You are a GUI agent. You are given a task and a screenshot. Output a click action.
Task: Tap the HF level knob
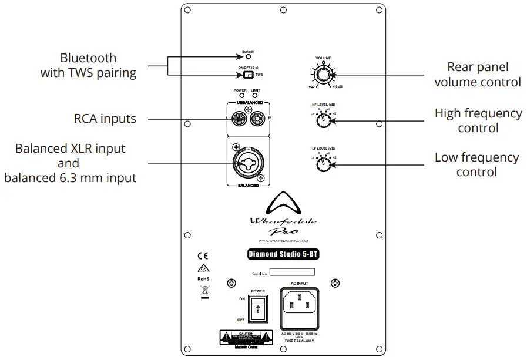[x=323, y=120]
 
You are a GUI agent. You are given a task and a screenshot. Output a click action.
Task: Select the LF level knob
[x=323, y=164]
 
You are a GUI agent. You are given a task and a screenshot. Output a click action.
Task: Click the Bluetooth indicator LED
[x=249, y=57]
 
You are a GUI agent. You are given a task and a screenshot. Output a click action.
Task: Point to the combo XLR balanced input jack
[x=248, y=163]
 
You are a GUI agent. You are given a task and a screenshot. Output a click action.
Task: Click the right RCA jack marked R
[x=258, y=120]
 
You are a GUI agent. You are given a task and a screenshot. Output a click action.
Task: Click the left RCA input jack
[x=239, y=120]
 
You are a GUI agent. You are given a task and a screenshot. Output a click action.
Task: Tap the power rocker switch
[x=257, y=308]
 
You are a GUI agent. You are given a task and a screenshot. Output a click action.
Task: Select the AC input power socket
[x=301, y=304]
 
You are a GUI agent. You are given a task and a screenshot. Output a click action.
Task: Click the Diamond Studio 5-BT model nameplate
[x=283, y=254]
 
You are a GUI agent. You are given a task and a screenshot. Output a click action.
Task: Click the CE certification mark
[x=203, y=256]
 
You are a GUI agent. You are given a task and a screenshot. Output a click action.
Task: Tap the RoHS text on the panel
[x=203, y=279]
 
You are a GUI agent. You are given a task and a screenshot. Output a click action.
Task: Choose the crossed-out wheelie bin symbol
[x=204, y=289]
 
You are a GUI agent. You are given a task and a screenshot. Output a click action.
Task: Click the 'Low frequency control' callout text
[x=476, y=164]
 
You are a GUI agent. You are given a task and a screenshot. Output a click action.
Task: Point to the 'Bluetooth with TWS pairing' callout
[x=88, y=66]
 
